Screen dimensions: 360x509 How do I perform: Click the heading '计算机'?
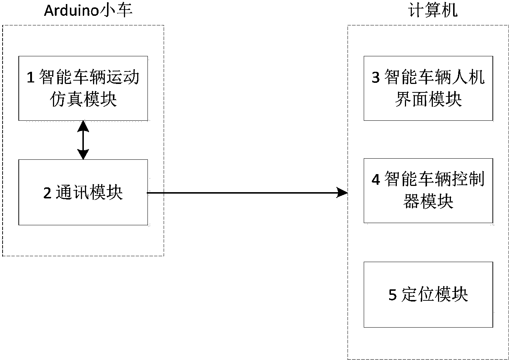coord(433,11)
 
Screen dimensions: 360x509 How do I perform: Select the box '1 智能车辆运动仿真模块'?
coord(83,88)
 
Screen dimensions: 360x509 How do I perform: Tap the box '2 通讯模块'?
coord(83,192)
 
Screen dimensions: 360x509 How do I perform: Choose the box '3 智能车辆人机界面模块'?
coord(428,88)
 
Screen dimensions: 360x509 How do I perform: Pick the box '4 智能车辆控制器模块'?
coord(428,191)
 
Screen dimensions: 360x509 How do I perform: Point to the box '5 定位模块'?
coord(428,294)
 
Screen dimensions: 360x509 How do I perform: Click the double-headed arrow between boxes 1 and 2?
coord(83,140)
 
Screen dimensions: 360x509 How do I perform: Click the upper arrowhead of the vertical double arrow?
coord(83,126)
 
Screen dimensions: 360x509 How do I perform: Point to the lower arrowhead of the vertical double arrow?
coord(83,154)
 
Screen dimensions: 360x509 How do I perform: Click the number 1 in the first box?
coord(31,78)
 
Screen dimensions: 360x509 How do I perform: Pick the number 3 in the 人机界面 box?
coord(375,78)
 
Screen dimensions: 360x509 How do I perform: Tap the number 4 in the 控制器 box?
coord(375,180)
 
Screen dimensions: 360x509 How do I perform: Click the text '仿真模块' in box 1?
coord(83,99)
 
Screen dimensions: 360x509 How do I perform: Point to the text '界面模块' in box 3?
coord(428,99)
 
